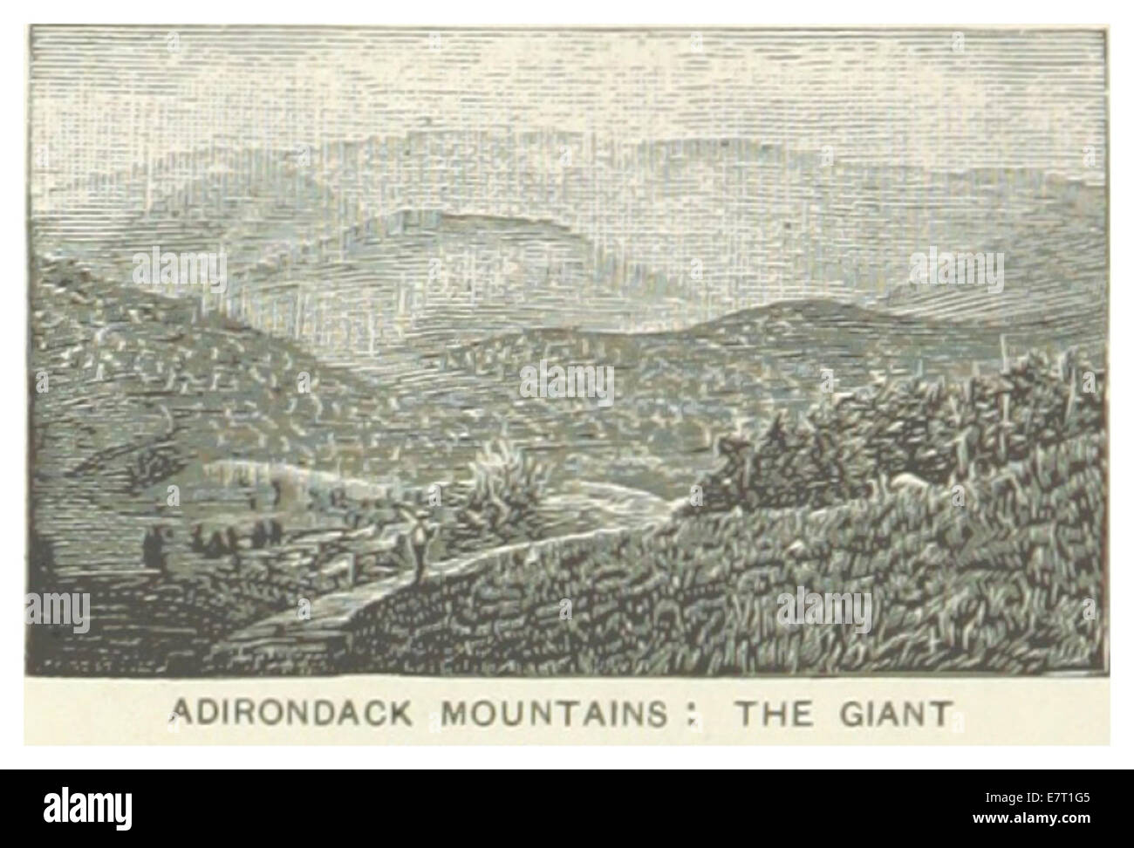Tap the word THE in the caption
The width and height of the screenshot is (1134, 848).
coord(769,713)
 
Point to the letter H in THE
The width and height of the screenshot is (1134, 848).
coord(769,713)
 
